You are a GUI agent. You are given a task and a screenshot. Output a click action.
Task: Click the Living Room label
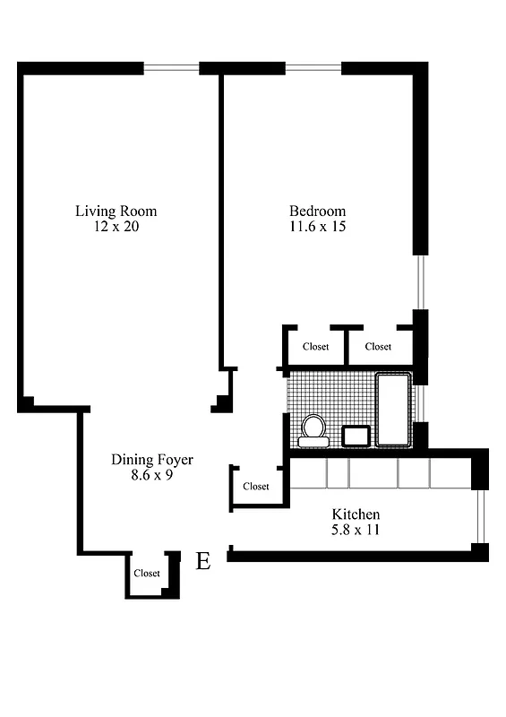pos(116,212)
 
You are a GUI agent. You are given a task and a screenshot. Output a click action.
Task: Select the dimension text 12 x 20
pos(116,227)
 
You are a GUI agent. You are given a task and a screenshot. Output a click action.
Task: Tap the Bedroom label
pos(317,212)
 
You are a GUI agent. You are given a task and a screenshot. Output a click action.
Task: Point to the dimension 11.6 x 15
pos(317,227)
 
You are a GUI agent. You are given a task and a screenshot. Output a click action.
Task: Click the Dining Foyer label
pos(151,460)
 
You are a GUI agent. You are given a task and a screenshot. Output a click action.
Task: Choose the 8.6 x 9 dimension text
pos(151,475)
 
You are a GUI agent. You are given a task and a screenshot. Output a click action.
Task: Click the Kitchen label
pos(356,514)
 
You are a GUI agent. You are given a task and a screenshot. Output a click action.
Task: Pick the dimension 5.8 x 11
pos(356,530)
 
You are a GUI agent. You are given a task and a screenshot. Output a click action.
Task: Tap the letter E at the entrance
pos(203,562)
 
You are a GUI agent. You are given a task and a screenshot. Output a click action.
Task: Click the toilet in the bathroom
pos(313,429)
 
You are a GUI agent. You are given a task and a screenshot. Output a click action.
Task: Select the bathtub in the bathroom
pos(393,410)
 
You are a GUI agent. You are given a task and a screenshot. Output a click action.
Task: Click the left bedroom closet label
pos(315,347)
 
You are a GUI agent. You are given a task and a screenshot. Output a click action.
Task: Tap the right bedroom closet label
pos(378,347)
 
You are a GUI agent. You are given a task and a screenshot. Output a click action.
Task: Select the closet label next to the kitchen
pos(256,487)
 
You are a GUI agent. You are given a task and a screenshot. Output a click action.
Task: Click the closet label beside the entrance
pos(147,574)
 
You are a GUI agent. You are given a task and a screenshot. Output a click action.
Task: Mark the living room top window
pos(171,67)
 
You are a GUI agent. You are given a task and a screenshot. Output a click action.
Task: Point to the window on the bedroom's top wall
pos(313,67)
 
